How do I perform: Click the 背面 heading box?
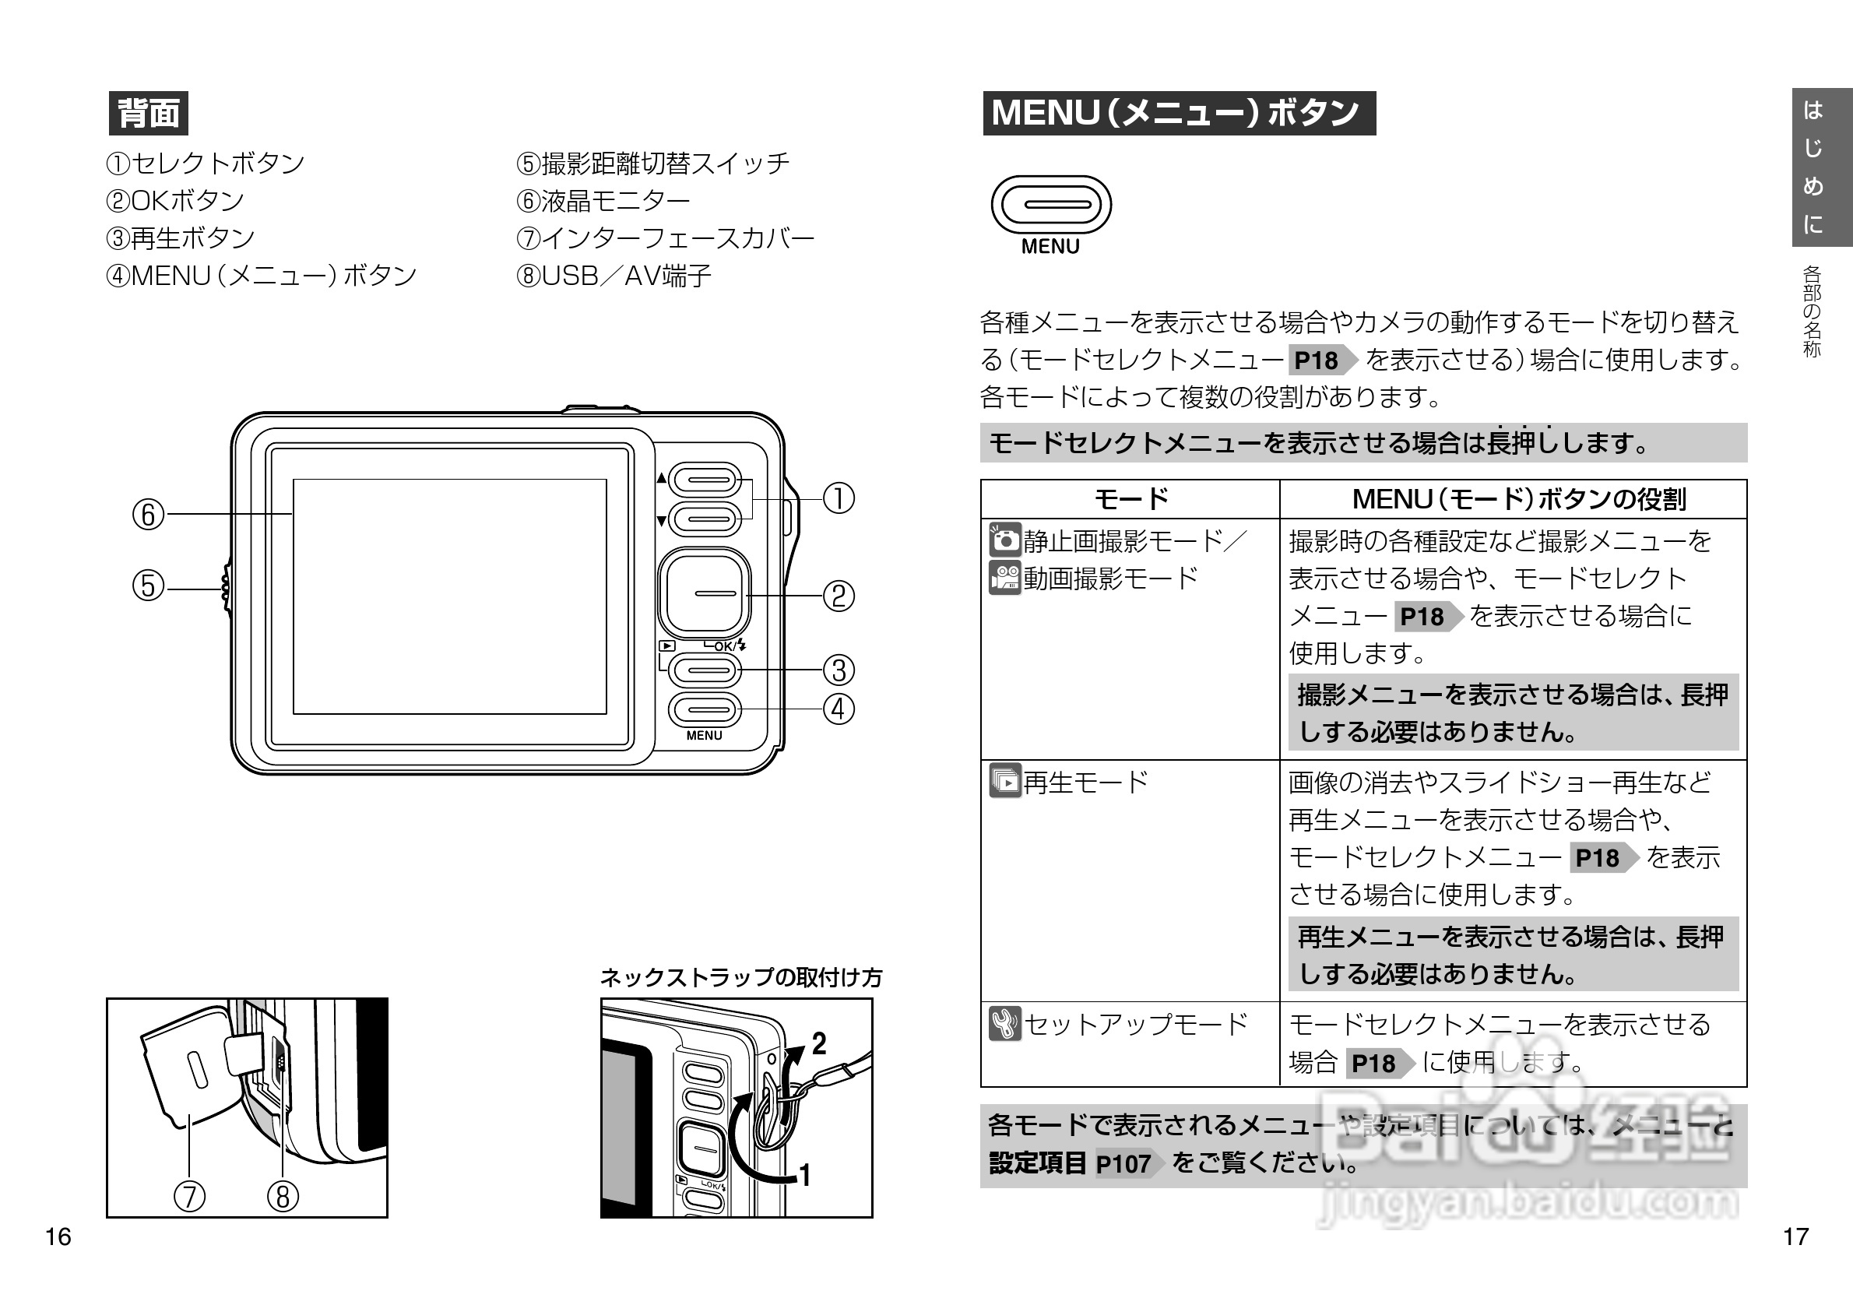coord(149,113)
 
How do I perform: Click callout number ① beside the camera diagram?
coord(839,498)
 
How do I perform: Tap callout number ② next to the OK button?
coord(839,596)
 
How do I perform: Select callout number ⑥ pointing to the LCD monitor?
coord(148,514)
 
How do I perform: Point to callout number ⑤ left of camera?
coord(148,586)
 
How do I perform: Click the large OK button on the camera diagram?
coord(705,593)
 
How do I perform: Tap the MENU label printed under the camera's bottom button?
coord(704,735)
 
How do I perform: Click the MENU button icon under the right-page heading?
coord(1051,205)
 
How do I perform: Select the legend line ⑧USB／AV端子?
coord(614,276)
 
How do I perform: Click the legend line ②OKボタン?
coord(175,200)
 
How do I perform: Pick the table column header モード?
coord(1130,499)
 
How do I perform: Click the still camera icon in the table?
coord(1005,540)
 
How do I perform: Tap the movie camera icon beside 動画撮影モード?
coord(1005,578)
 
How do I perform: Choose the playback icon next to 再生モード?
coord(1005,781)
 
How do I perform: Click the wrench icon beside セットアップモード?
coord(1005,1023)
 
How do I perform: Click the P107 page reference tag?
coord(1124,1164)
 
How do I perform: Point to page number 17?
coord(1795,1236)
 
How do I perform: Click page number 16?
coord(58,1236)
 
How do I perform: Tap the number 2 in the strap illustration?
coord(818,1044)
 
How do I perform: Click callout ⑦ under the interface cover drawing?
coord(190,1196)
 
